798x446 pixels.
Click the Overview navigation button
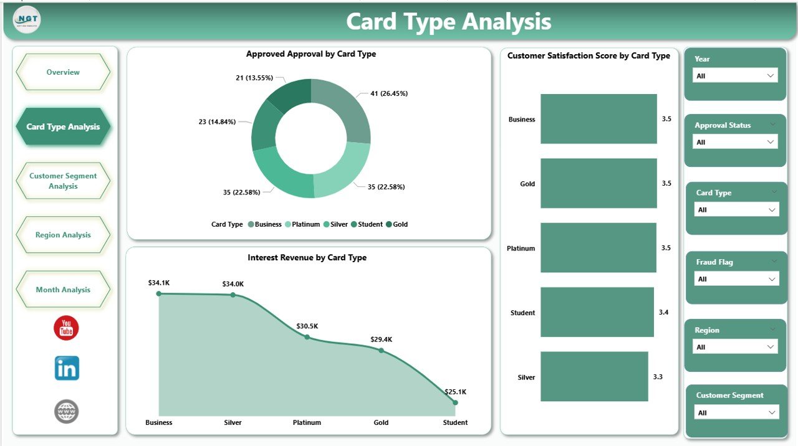tap(63, 72)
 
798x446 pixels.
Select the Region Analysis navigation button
tap(63, 235)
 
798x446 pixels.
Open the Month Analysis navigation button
tap(63, 290)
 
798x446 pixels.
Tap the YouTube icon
tap(66, 328)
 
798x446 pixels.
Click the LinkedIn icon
tap(67, 368)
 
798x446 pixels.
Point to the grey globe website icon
tap(67, 411)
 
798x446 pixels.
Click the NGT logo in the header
tap(27, 20)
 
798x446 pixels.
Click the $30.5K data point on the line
tap(307, 337)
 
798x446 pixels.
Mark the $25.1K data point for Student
tap(455, 402)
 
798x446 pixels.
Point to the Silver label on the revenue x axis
tap(233, 422)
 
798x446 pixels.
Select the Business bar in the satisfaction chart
tap(598, 119)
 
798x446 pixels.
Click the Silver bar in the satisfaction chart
tap(594, 377)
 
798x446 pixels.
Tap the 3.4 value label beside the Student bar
tap(663, 312)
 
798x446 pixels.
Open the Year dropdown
tap(735, 75)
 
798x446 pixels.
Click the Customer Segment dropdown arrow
tap(771, 412)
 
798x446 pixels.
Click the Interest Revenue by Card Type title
tap(307, 257)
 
